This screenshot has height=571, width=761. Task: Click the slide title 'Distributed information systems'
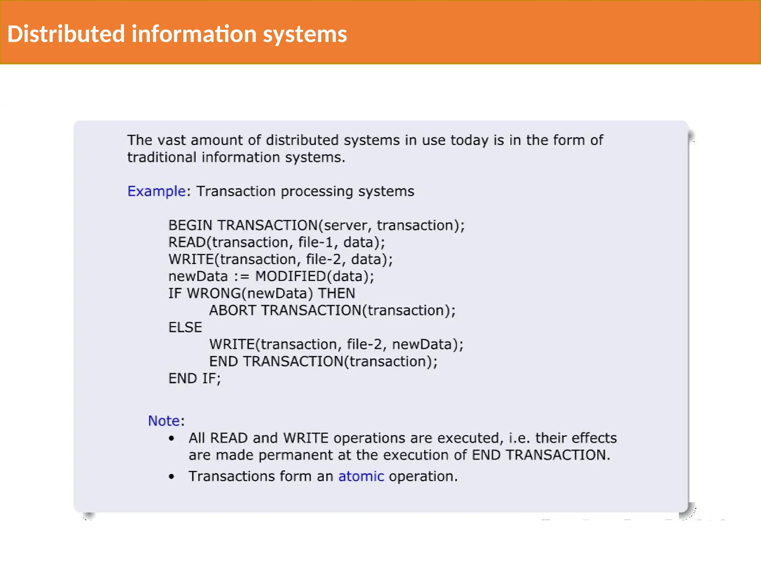(177, 34)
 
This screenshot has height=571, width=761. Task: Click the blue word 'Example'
(156, 191)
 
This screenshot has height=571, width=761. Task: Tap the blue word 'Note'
(164, 421)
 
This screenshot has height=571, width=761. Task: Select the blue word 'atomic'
(361, 476)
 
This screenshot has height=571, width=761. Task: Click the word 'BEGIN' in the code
(190, 225)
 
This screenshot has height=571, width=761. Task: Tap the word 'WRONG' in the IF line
(214, 294)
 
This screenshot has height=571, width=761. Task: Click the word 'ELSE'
(185, 328)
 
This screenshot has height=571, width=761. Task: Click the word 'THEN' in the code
(337, 294)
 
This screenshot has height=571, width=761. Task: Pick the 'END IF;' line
(194, 378)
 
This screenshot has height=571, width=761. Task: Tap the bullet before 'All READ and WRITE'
(171, 438)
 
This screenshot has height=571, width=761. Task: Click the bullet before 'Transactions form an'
(171, 477)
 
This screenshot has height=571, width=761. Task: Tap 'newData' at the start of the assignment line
(198, 277)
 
